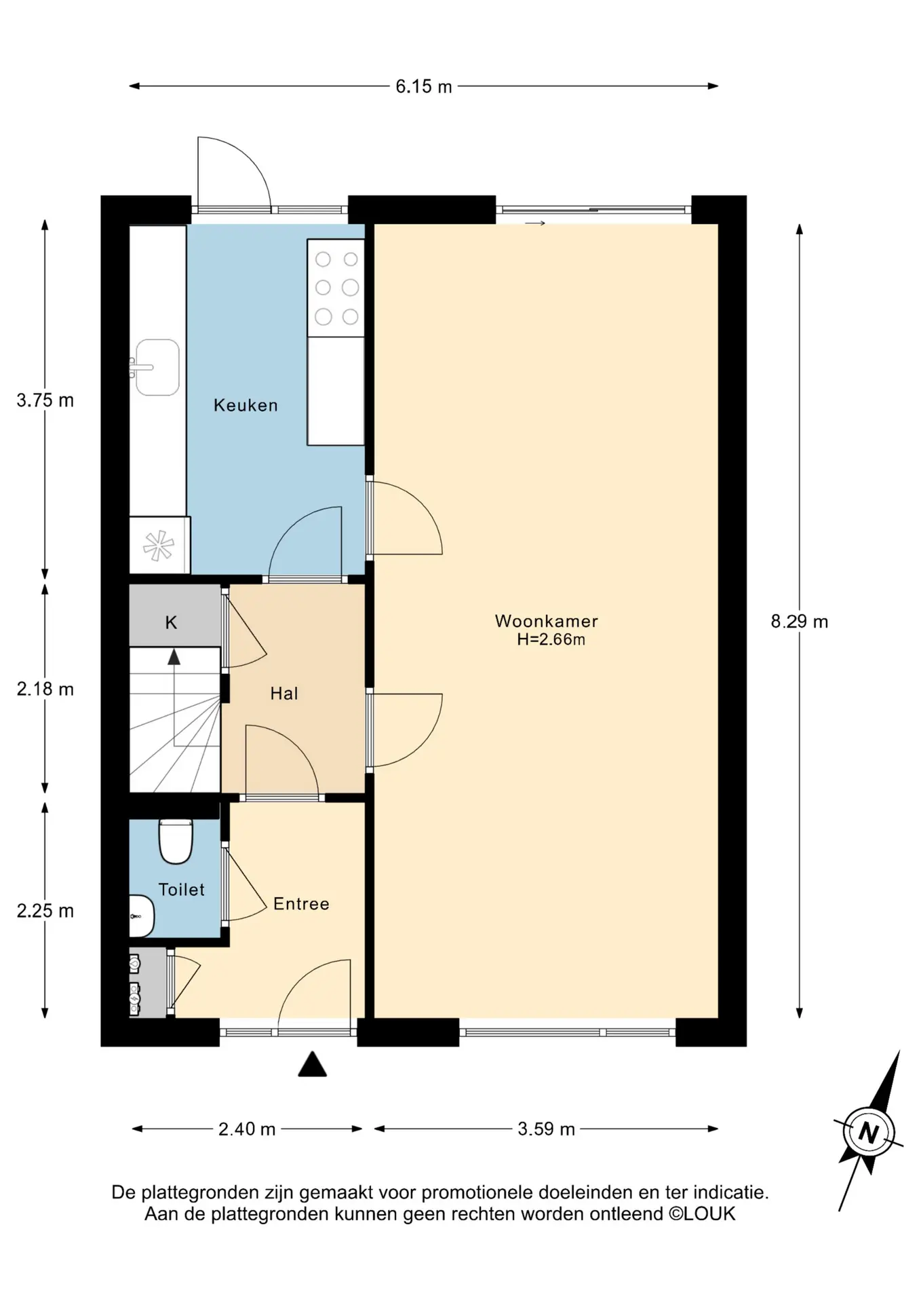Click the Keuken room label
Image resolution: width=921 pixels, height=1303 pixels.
coord(246,405)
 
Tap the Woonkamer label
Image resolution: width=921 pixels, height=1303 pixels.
coord(547,621)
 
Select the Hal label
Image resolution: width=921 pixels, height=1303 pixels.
coord(284,694)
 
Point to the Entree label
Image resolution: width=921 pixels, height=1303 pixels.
coord(301,904)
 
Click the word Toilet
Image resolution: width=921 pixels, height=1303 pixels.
coord(181,890)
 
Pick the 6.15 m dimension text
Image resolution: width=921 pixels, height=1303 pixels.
coord(424,87)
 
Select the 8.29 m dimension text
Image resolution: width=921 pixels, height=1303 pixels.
coord(800,622)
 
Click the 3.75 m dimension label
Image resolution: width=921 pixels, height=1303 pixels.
coord(45,400)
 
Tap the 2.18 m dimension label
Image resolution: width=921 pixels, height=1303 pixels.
coord(45,690)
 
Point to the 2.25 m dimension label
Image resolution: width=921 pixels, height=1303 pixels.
coord(45,911)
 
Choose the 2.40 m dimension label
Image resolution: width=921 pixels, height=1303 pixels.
coord(247,1129)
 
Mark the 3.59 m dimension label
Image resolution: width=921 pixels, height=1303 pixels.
coord(547,1129)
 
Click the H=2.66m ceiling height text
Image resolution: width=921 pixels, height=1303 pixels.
coord(551,639)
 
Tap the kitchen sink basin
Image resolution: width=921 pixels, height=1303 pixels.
coord(157,367)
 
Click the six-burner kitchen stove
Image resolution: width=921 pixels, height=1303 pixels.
coord(336,288)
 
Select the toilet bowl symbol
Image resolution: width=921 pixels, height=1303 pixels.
coord(176,842)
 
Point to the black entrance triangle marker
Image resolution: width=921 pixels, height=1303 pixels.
coord(313,1064)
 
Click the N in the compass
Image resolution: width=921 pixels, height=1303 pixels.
coord(869,1133)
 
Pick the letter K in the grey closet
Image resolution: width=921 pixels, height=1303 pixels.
coord(171,622)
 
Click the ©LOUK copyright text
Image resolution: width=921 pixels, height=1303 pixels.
coord(702,1214)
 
